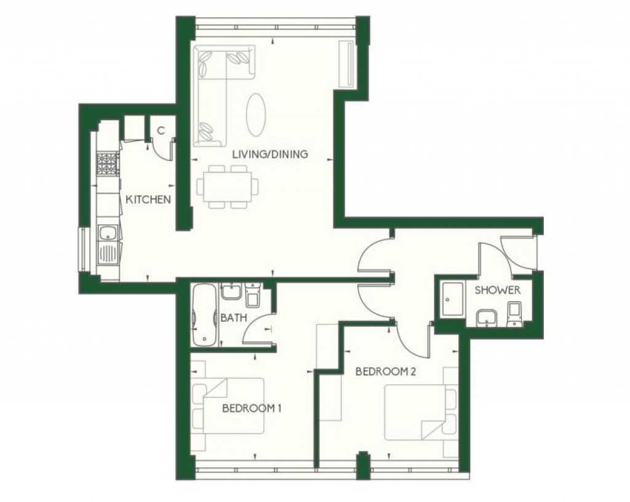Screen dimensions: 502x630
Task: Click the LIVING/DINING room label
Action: [x=269, y=154]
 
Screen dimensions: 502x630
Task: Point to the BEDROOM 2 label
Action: [x=383, y=371]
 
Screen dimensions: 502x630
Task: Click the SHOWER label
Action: [x=497, y=289]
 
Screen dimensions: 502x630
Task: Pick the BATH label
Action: [x=233, y=318]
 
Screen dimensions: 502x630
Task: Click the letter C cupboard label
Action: [x=160, y=130]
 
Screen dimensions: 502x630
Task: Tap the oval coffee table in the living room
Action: [x=257, y=115]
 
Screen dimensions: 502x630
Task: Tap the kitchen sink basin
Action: [x=107, y=233]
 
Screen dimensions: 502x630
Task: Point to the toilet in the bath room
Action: [x=252, y=296]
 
